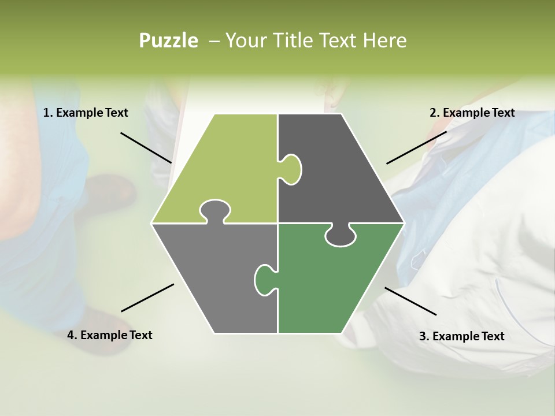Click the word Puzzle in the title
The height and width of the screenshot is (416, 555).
(168, 40)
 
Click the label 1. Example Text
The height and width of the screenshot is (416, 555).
(86, 113)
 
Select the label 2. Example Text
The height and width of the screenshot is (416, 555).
(472, 113)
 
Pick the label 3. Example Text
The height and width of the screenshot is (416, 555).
(461, 336)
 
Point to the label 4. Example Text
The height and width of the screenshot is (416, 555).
(110, 335)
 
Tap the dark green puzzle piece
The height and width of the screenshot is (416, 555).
(330, 283)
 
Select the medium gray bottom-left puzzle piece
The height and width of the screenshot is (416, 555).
(214, 277)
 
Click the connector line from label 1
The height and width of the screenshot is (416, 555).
(146, 148)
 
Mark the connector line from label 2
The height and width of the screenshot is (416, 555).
(416, 147)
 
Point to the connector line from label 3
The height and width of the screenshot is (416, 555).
(410, 301)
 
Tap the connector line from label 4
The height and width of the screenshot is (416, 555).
(147, 298)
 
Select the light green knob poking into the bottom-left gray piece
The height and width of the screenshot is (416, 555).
(214, 210)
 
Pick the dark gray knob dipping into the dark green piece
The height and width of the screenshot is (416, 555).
(341, 235)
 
